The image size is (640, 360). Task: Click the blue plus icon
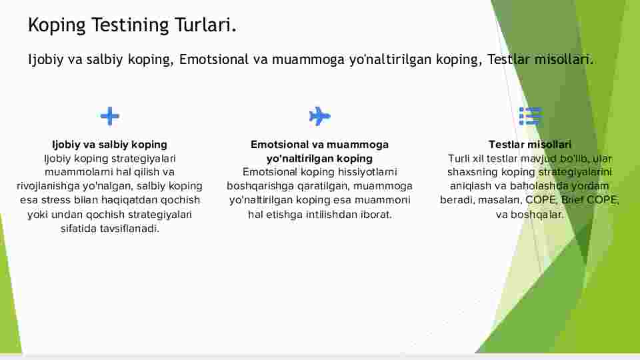[110, 116]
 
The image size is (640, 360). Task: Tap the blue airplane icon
[319, 116]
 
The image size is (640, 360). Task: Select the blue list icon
[530, 116]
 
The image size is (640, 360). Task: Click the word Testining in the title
[130, 25]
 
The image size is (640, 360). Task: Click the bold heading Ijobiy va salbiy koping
[109, 145]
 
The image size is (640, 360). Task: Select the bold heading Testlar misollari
[530, 145]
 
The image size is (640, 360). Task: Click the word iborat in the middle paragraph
[376, 214]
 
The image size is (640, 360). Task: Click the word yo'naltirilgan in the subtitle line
[390, 59]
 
